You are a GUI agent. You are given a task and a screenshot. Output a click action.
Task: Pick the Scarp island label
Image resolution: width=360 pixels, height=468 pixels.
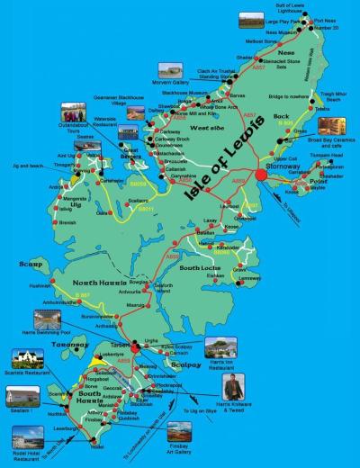point(31,264)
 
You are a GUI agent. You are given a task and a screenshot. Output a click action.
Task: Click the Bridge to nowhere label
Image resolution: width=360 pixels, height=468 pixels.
point(284,96)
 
